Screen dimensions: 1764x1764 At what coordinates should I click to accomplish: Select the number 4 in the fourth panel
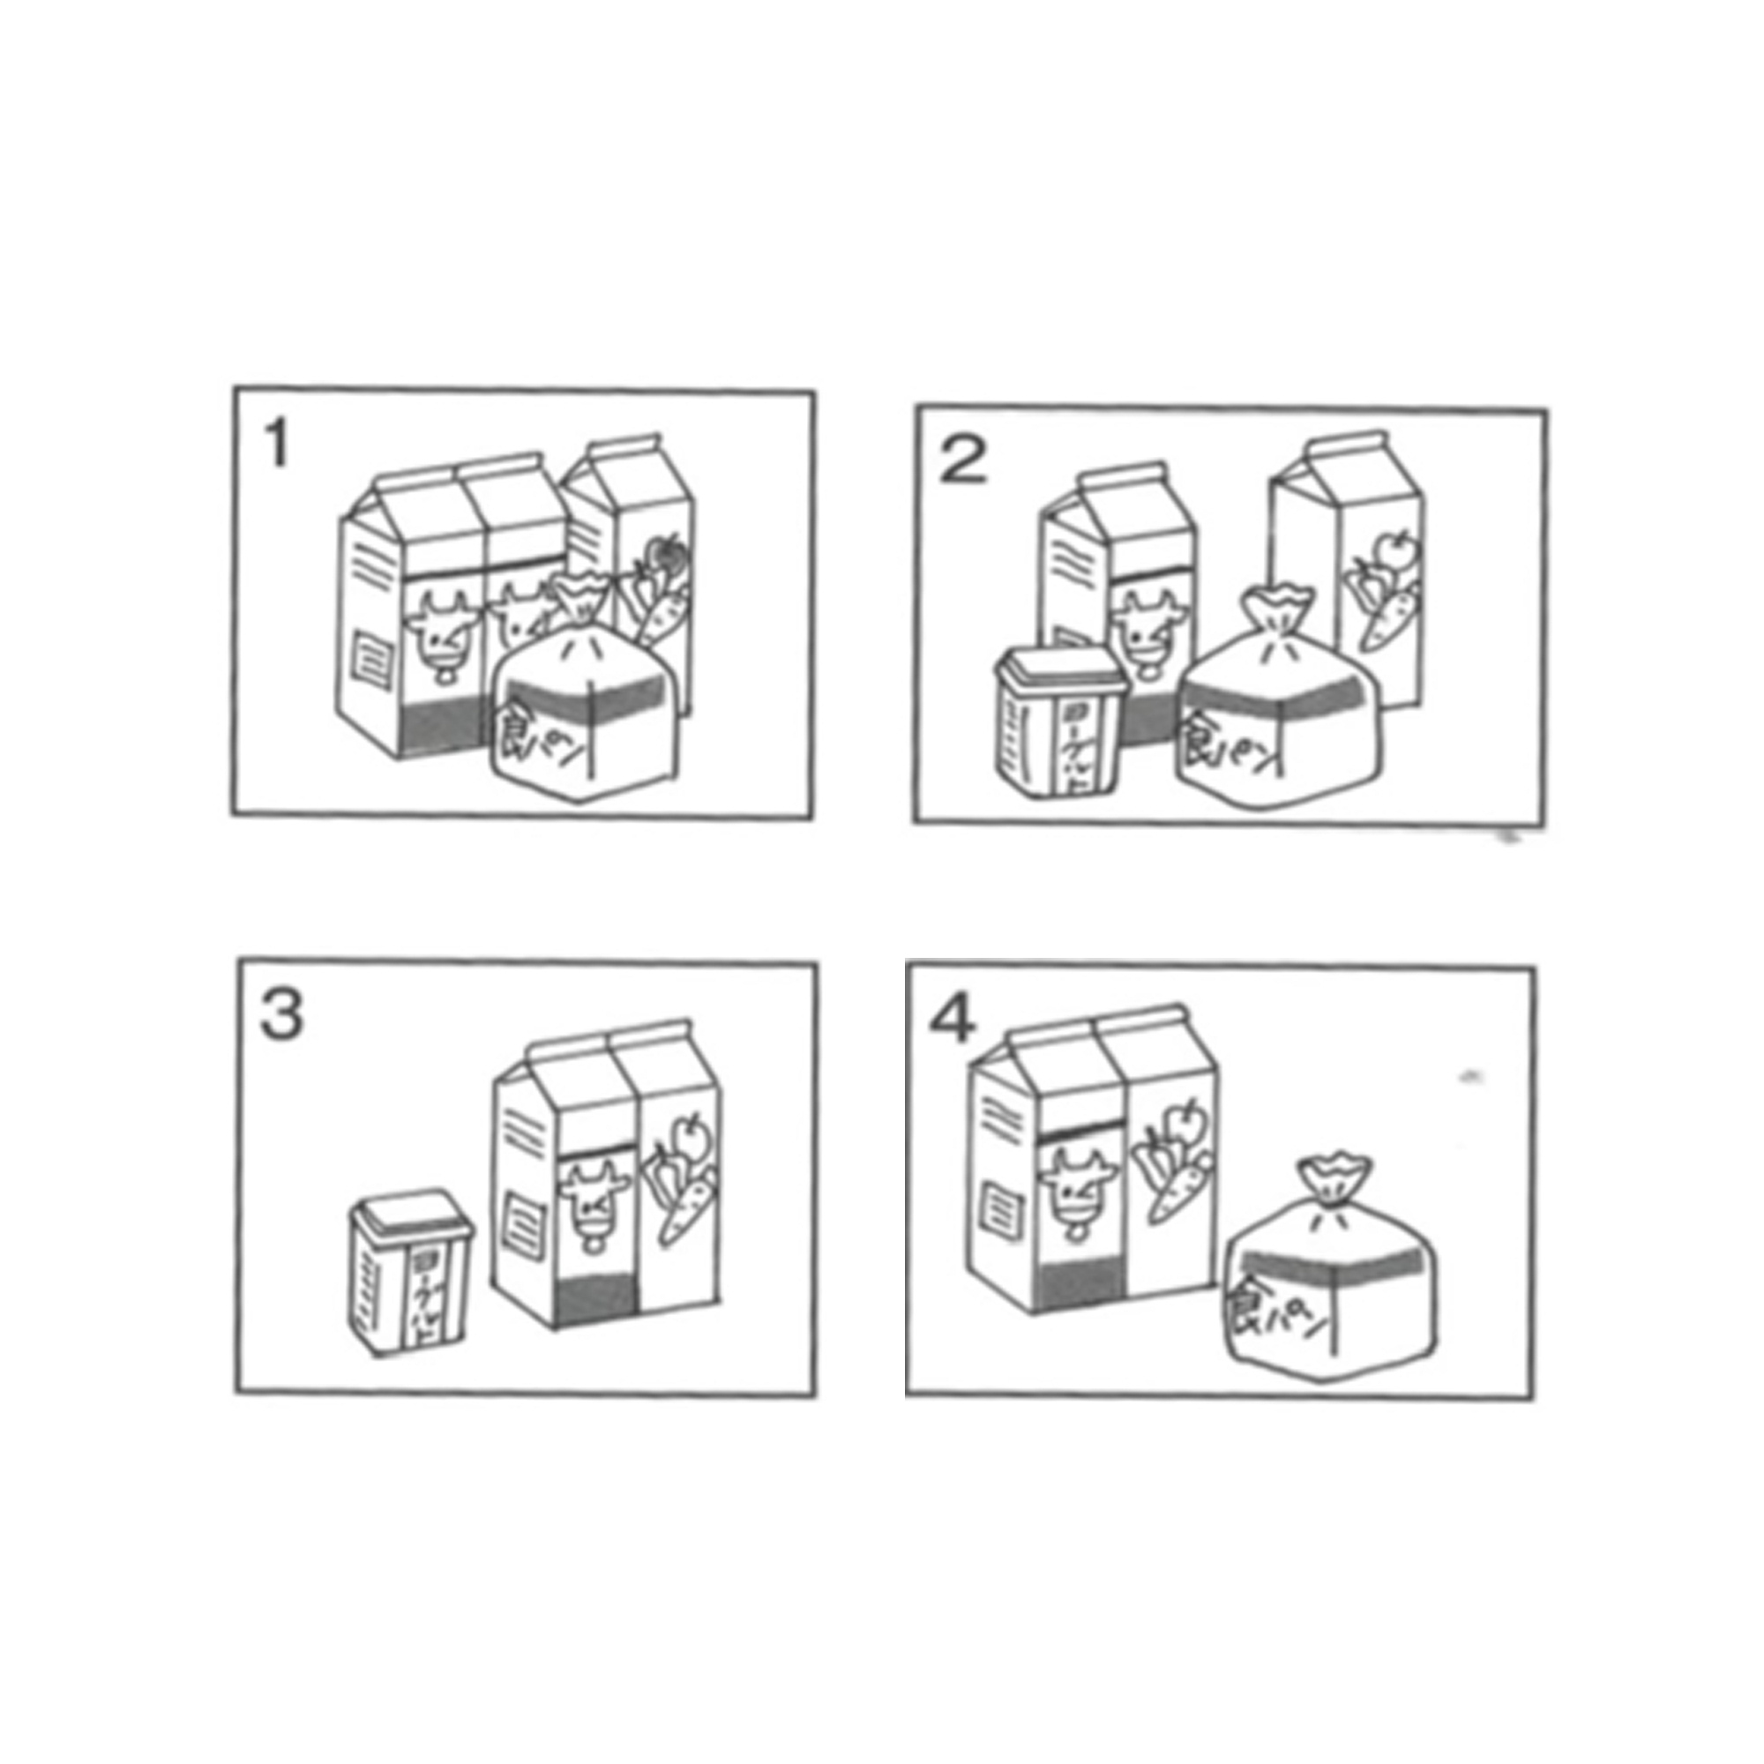[953, 1020]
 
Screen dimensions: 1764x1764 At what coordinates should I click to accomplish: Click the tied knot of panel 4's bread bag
[1334, 1185]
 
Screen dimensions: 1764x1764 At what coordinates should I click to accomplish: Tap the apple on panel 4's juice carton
[1185, 1119]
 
